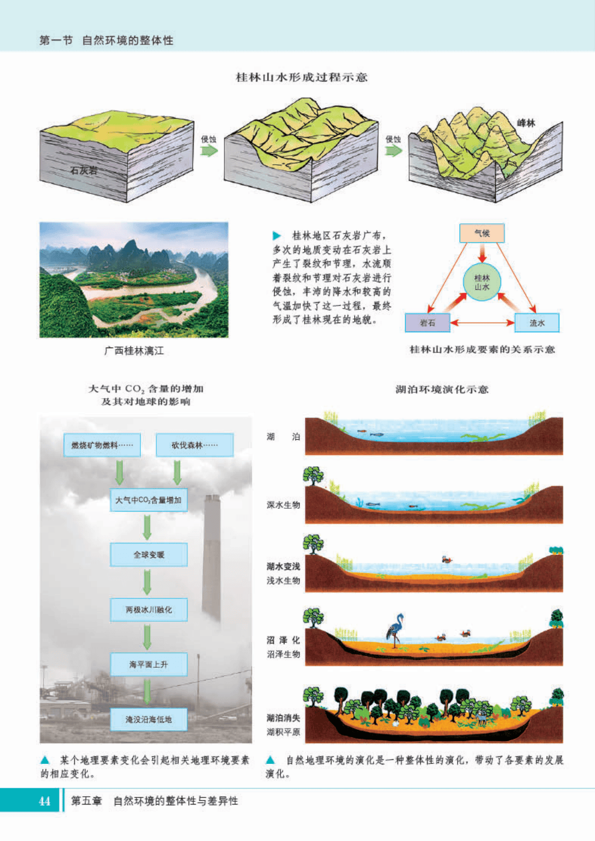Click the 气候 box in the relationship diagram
click(x=481, y=233)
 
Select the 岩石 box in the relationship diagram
click(x=427, y=323)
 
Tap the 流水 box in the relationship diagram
click(x=537, y=323)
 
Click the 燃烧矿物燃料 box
click(x=102, y=445)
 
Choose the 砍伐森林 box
click(x=194, y=445)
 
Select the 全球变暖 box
click(x=148, y=555)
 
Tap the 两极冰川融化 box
click(x=148, y=610)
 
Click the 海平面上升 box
click(x=148, y=664)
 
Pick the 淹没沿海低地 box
click(x=148, y=719)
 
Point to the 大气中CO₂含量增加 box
click(x=148, y=500)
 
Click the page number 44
click(x=44, y=801)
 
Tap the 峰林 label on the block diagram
click(x=526, y=123)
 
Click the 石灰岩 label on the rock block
click(x=83, y=170)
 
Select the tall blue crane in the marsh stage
click(x=394, y=629)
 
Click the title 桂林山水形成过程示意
click(x=301, y=77)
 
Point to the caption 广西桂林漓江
click(x=134, y=351)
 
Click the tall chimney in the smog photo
click(x=212, y=557)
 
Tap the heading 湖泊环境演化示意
click(x=442, y=390)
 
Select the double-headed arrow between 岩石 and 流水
click(x=482, y=323)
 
